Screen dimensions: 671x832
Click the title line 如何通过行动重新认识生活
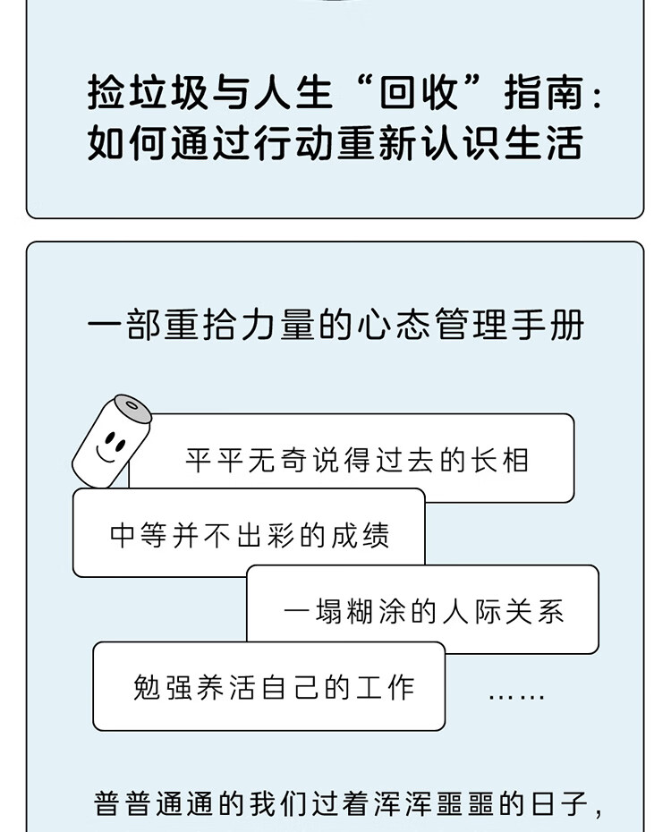(335, 143)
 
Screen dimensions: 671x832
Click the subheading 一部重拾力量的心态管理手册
(335, 325)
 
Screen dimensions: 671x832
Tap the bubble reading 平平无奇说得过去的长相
(358, 458)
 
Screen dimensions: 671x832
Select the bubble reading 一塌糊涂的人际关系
(423, 610)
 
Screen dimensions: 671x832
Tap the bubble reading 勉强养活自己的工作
(269, 686)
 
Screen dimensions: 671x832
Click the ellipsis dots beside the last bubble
(516, 695)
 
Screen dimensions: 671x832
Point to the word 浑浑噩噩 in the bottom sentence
(420, 802)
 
